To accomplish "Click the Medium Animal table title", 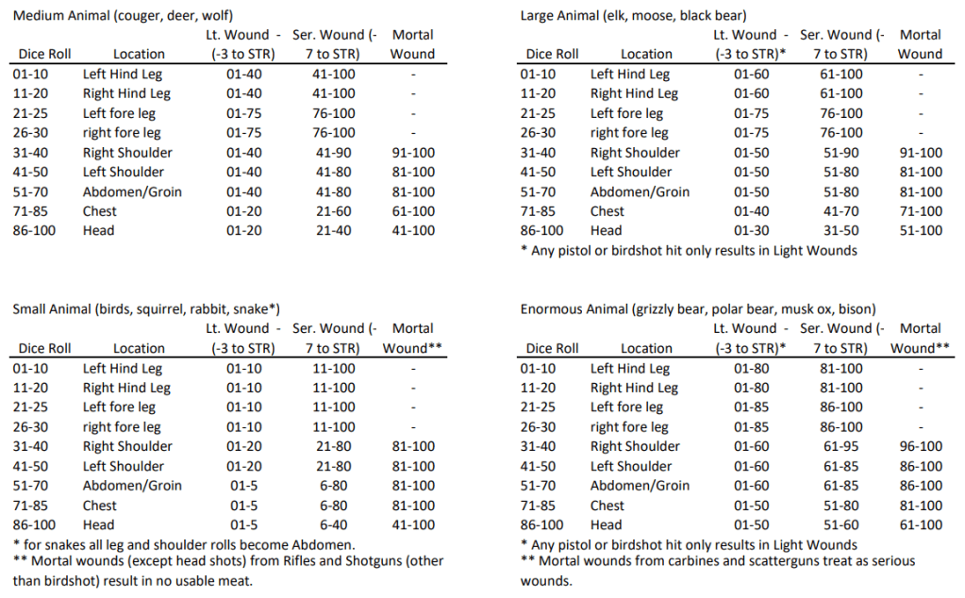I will (124, 16).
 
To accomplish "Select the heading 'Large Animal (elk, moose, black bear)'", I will (633, 16).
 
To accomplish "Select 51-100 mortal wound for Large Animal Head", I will (920, 230).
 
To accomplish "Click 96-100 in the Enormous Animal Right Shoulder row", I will (920, 446).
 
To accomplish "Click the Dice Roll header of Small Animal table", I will (44, 348).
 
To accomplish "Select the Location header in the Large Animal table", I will (646, 54).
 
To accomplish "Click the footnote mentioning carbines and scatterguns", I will (717, 569).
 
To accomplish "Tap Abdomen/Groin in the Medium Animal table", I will (132, 191).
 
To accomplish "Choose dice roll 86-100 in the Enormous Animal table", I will (546, 524).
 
